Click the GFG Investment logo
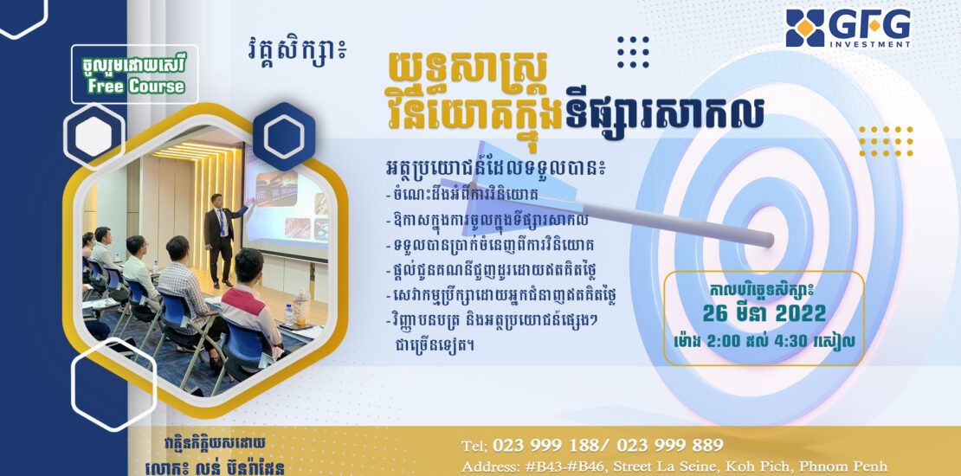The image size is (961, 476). [848, 29]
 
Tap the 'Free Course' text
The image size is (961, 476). [135, 86]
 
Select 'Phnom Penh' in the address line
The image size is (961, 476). [853, 466]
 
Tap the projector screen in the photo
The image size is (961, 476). [286, 205]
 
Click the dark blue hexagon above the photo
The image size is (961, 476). [284, 136]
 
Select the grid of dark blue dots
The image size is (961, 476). [633, 52]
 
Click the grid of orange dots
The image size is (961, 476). [886, 141]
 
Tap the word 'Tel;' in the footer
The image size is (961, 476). [475, 445]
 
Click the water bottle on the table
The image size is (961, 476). [301, 308]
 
